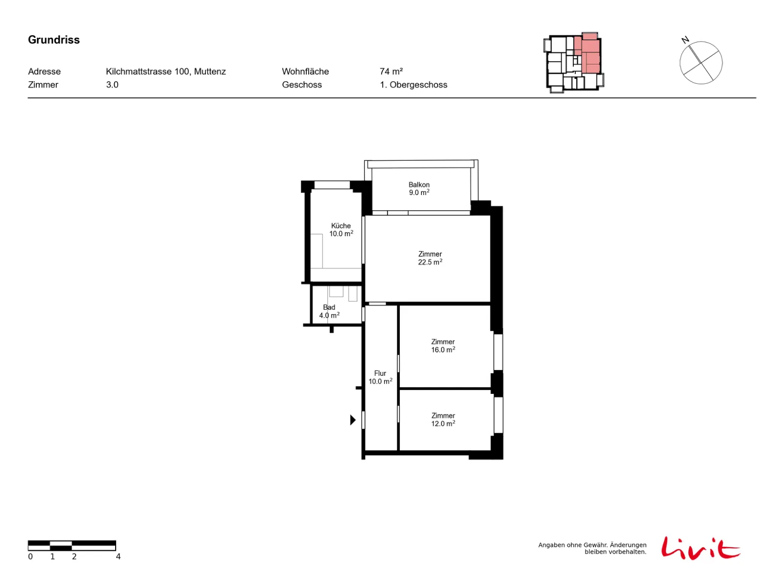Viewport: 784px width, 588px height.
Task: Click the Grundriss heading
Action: pos(53,40)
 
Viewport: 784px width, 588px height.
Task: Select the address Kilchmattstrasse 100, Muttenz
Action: pos(166,72)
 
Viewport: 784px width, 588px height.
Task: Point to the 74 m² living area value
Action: pos(391,72)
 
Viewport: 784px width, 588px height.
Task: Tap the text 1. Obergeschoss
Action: pos(413,85)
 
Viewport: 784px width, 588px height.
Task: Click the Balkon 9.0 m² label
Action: pos(419,189)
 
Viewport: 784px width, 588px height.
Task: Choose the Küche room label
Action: pos(341,229)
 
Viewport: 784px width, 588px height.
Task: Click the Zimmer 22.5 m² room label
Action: pos(430,258)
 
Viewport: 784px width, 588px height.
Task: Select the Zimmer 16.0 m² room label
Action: pos(443,345)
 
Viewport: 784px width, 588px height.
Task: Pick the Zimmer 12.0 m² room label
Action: pos(443,419)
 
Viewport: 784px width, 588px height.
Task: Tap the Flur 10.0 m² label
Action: pos(380,377)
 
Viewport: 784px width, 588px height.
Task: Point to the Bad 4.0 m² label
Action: pos(329,311)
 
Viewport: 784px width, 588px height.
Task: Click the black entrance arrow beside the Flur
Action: pos(353,420)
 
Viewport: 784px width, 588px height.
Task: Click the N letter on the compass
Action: pos(685,40)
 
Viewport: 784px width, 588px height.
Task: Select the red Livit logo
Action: pos(701,548)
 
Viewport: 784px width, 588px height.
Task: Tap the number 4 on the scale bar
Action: pos(118,557)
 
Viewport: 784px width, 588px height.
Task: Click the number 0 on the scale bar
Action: pos(30,557)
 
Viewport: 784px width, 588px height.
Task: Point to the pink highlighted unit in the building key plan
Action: pos(590,53)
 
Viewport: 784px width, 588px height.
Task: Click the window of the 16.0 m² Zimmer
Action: pos(498,352)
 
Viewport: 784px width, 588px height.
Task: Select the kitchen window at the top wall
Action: pos(332,185)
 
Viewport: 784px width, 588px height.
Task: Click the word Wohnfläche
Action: pos(305,72)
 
